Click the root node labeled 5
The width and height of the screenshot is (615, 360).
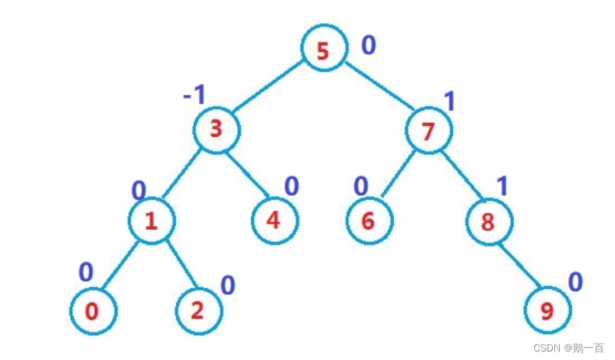pos(323,50)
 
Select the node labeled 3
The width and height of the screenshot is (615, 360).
pos(217,130)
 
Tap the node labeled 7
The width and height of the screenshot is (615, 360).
pos(428,130)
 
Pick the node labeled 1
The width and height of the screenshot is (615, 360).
pos(151,221)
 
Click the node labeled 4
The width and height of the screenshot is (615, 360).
pos(275,220)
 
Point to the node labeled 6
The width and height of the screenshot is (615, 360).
pos(368,221)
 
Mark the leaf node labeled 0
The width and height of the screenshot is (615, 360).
pos(93,310)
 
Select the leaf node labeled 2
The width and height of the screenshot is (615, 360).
pos(198,310)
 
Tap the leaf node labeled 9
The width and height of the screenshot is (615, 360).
pos(547,310)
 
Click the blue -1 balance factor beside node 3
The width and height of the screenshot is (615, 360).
pos(194,95)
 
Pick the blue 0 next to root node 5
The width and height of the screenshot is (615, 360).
pos(369,45)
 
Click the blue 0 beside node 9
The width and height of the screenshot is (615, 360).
pos(575,282)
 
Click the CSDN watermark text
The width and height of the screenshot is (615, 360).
pos(568,348)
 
